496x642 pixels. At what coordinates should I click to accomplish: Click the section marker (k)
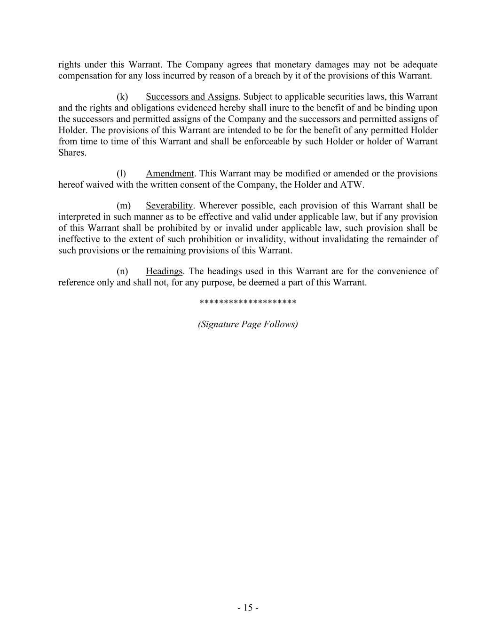coord(122,97)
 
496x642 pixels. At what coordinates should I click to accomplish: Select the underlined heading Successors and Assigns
coord(192,97)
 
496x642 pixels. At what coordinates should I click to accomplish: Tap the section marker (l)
coord(121,174)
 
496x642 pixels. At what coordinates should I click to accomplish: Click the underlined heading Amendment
coord(170,174)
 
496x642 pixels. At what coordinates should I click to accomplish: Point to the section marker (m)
coord(123,206)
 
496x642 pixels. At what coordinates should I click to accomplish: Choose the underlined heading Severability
coord(169,206)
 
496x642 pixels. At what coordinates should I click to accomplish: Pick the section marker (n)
coord(122,271)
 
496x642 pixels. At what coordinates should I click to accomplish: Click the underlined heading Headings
coord(164,271)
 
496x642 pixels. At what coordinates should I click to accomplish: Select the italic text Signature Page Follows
coord(248,324)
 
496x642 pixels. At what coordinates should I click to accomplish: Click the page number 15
coord(248,608)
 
